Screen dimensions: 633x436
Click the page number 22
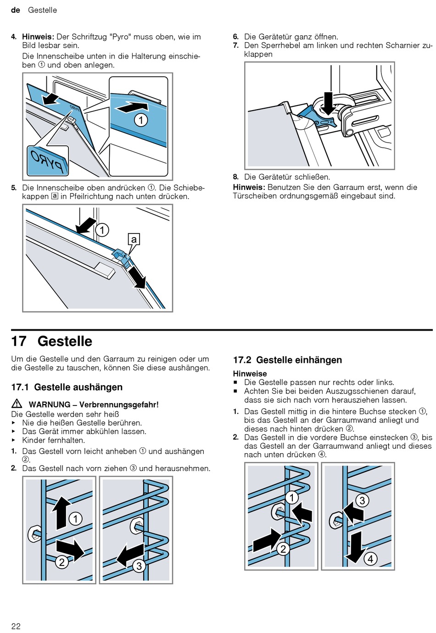pos(16,626)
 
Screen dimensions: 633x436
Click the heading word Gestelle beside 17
pos(65,341)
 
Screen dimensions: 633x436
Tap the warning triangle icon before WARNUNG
pos(17,404)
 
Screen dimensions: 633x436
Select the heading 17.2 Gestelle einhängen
pos(287,360)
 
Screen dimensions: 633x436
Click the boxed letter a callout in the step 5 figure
pos(134,239)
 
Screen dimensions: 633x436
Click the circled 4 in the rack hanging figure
pos(370,558)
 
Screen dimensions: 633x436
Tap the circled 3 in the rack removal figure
pos(139,566)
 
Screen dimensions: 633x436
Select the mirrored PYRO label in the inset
pos(48,161)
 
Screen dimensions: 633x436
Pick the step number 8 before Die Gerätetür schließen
pos(236,177)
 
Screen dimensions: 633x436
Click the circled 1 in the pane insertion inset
pos(141,120)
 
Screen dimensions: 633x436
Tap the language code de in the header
pos(16,10)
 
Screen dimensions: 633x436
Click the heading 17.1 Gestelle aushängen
pos(67,387)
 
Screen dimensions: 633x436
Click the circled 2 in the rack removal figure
pos(61,562)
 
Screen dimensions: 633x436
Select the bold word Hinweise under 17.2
pos(250,373)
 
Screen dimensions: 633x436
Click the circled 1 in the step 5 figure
pos(102,230)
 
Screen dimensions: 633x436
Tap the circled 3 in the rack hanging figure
pos(362,500)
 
